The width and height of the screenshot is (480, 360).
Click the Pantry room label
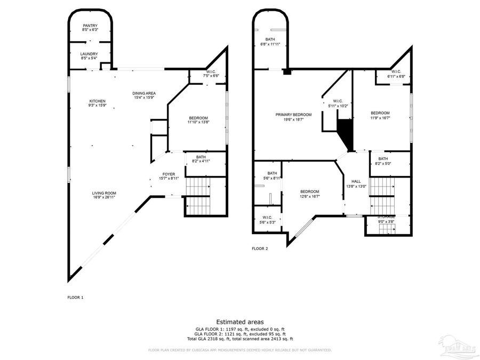pos(90,26)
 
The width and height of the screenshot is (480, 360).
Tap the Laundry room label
pos(90,54)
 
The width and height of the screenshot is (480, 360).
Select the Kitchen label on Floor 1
pos(97,101)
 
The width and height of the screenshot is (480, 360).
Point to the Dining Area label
pos(144,93)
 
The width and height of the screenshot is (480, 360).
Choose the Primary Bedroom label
pos(293,115)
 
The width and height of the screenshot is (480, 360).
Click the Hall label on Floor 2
pos(356,181)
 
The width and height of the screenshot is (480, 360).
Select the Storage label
pos(387,217)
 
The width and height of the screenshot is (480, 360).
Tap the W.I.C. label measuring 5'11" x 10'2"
pos(338,101)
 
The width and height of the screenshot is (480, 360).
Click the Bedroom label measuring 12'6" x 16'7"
pos(309,191)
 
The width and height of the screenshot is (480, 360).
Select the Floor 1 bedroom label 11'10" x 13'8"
pos(197,118)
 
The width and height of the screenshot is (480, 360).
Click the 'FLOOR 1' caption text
pos(75,297)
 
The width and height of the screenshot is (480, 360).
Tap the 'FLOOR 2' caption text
pos(260,249)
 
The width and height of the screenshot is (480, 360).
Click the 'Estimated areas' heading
pos(239,322)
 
